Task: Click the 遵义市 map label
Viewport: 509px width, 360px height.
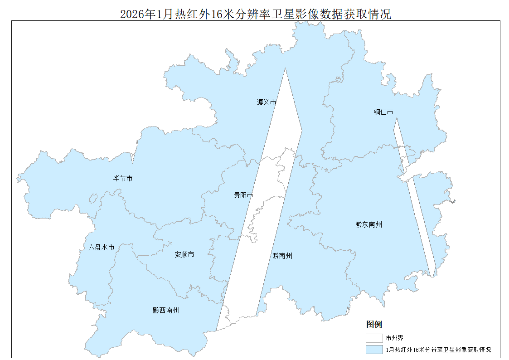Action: pyautogui.click(x=267, y=102)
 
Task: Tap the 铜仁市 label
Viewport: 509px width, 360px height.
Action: pyautogui.click(x=383, y=112)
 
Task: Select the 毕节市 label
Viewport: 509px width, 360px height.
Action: pyautogui.click(x=123, y=179)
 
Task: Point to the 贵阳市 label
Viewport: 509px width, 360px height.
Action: pyautogui.click(x=243, y=195)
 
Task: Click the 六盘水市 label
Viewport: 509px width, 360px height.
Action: pyautogui.click(x=101, y=248)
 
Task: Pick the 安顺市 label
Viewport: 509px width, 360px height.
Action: pyautogui.click(x=184, y=255)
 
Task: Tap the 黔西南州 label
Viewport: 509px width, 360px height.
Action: pyautogui.click(x=166, y=311)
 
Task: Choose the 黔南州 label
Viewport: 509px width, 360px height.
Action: pyautogui.click(x=282, y=256)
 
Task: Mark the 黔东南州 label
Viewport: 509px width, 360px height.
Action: pyautogui.click(x=368, y=224)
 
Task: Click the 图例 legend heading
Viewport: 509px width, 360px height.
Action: pyautogui.click(x=374, y=325)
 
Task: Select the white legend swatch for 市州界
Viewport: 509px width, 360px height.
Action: pyautogui.click(x=374, y=338)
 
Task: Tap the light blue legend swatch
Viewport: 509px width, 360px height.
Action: pyautogui.click(x=374, y=350)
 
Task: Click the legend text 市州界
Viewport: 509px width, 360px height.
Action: pyautogui.click(x=394, y=338)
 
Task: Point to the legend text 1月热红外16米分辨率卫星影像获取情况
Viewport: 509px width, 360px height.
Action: pyautogui.click(x=438, y=350)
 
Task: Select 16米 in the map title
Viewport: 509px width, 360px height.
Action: pyautogui.click(x=221, y=15)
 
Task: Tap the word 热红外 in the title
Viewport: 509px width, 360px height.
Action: pyautogui.click(x=191, y=15)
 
